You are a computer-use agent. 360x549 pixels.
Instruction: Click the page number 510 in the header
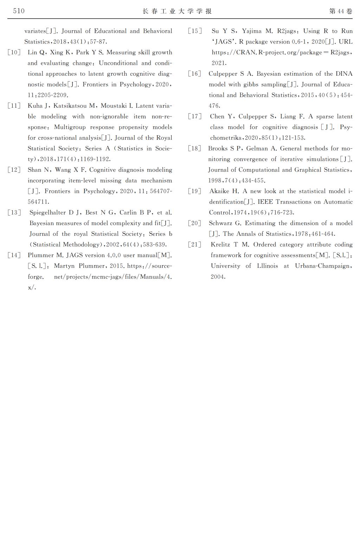pos(19,11)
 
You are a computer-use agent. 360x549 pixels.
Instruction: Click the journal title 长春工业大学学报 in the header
pos(177,11)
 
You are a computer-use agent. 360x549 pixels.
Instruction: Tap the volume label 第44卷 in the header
pos(341,11)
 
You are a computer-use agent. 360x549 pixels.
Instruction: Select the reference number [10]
pos(14,52)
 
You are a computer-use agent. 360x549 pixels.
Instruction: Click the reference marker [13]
pos(14,212)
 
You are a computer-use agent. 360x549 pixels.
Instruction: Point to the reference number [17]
pos(195,116)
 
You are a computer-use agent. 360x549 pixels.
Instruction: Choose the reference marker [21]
pos(195,244)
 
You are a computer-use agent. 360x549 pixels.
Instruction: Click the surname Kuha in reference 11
pos(35,106)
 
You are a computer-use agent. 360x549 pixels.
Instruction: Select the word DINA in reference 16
pos(344,74)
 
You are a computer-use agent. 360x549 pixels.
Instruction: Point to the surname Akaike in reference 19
pos(219,191)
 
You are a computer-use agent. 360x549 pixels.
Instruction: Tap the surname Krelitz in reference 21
pos(221,244)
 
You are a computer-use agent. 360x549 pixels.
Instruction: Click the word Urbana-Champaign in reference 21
pos(322,266)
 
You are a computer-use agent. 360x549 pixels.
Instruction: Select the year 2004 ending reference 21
pos(218,277)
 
